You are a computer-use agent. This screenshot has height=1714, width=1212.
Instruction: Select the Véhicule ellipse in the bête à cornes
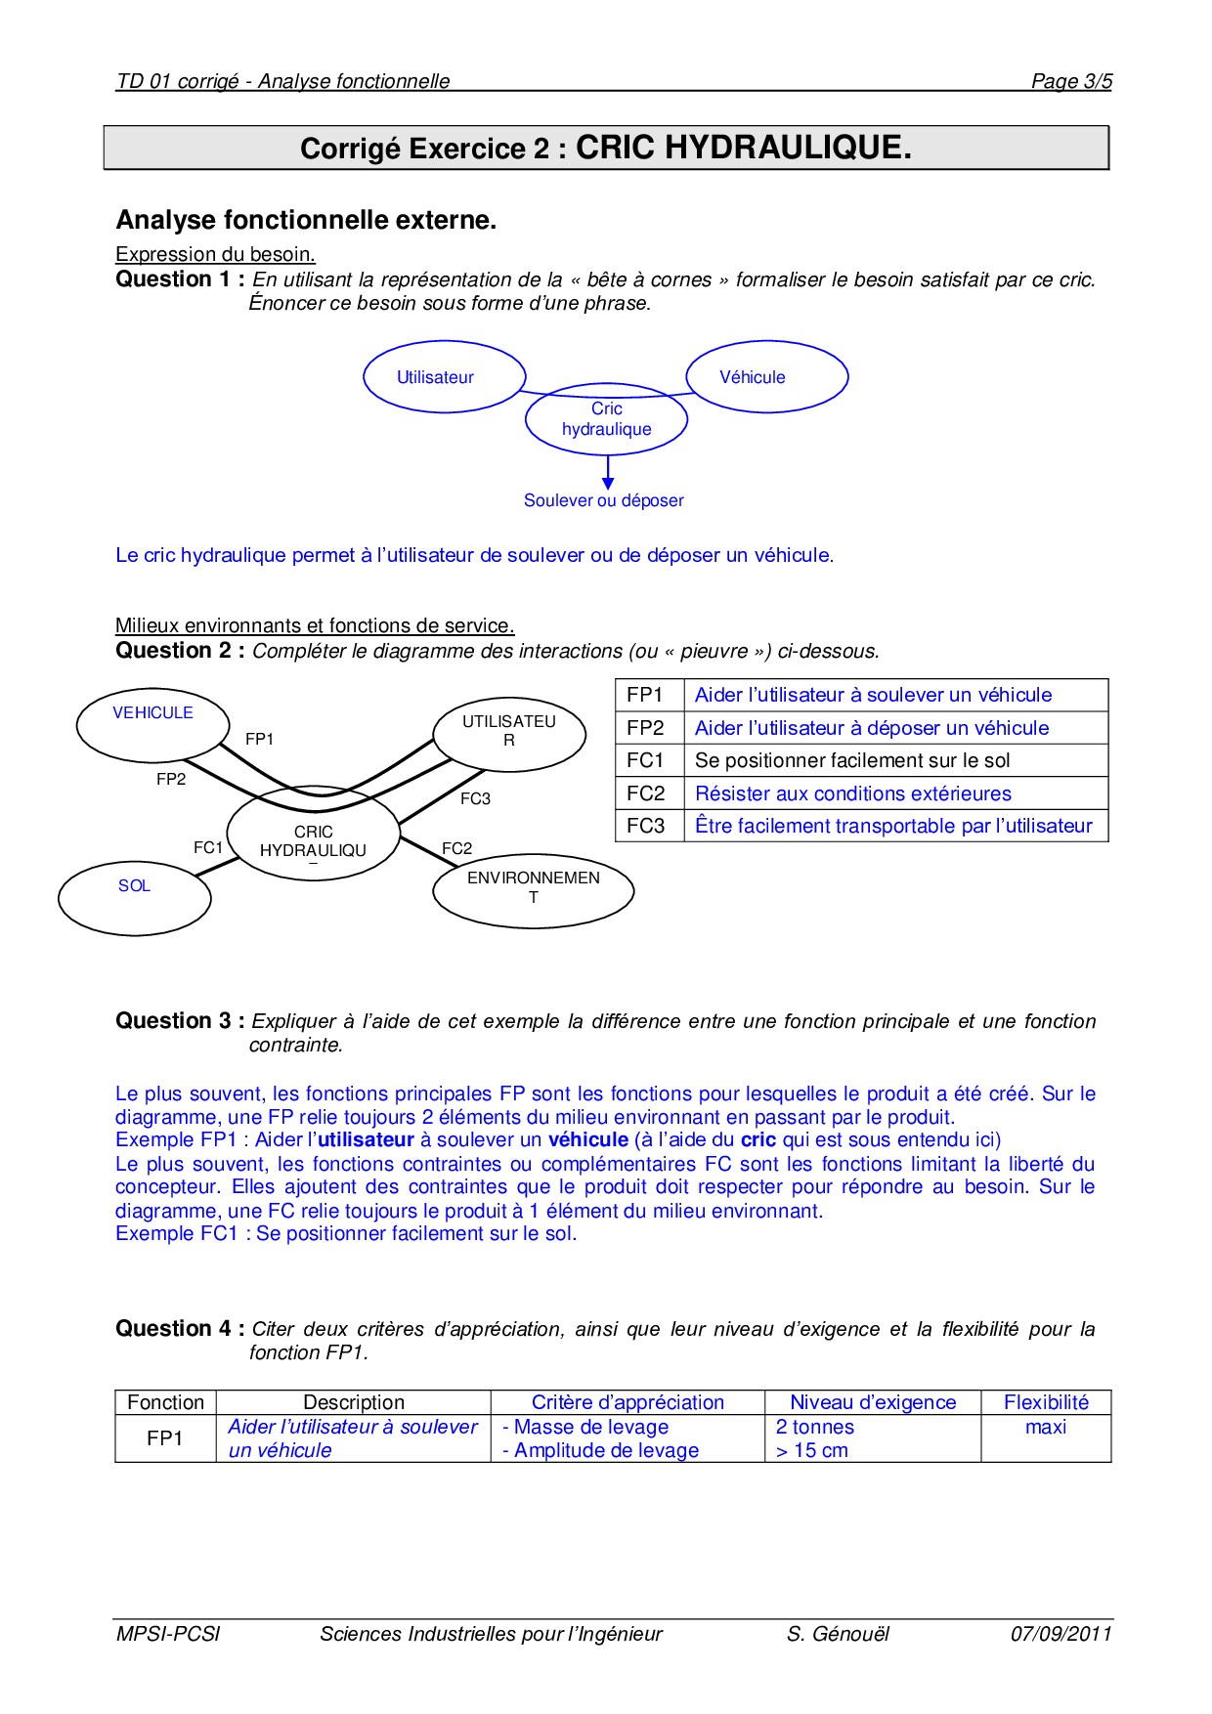[766, 377]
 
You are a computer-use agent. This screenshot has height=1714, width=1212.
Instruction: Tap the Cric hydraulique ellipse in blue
[606, 420]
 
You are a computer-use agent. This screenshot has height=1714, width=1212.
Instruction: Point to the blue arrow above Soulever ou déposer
[608, 473]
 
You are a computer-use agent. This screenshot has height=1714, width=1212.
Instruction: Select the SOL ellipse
[134, 895]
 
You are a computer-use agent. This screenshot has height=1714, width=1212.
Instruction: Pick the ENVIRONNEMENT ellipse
[533, 889]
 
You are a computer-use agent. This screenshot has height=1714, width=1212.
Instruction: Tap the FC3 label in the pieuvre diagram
[475, 799]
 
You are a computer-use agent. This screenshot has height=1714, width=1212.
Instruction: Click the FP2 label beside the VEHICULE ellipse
[171, 780]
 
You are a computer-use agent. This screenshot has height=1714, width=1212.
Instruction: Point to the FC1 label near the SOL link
[208, 848]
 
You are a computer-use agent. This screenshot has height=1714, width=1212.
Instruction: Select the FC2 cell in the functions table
[646, 793]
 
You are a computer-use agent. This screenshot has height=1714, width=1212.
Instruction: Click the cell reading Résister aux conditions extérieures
[852, 793]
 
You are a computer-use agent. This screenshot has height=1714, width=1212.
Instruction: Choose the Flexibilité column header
[1046, 1403]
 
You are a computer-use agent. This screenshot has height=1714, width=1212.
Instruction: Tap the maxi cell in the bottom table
[1046, 1428]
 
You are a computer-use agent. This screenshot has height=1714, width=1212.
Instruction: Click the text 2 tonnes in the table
[815, 1428]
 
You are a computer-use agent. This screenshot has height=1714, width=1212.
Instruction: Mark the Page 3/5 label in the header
[1071, 82]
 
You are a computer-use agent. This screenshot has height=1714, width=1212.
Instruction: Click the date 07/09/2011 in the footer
[1060, 1634]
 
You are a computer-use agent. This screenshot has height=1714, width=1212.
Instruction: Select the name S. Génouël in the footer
[838, 1634]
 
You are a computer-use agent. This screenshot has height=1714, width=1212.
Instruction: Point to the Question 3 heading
[180, 1021]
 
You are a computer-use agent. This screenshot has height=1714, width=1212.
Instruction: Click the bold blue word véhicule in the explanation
[588, 1140]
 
